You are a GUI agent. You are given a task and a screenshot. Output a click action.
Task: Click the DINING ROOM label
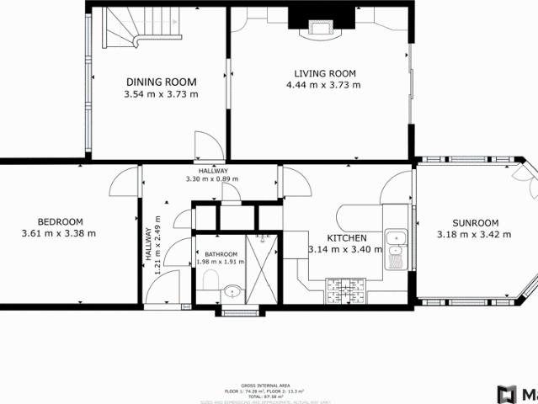161,82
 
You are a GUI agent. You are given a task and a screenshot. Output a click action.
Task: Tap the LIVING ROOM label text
323,73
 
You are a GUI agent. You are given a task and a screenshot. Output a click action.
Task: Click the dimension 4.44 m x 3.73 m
323,85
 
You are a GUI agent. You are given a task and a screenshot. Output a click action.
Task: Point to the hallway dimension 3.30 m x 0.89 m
211,178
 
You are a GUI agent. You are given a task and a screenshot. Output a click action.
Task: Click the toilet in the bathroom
210,279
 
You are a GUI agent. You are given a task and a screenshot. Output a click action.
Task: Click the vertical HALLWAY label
149,248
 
